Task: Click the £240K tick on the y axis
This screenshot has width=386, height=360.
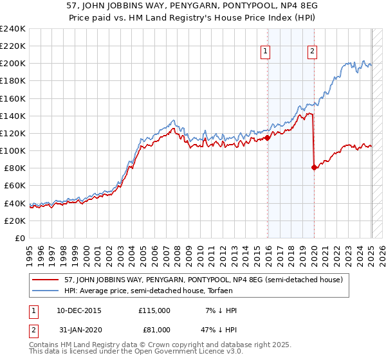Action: [14, 29]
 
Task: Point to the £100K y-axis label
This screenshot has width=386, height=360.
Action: [14, 150]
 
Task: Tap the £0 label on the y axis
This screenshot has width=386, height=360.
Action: [21, 238]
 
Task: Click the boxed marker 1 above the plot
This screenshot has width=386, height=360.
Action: [266, 53]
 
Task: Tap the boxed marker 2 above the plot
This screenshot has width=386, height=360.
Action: [313, 53]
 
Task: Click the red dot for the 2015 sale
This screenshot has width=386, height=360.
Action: [267, 138]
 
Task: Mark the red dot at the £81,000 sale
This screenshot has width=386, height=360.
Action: [314, 167]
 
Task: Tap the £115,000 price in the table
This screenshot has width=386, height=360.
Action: [154, 310]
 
